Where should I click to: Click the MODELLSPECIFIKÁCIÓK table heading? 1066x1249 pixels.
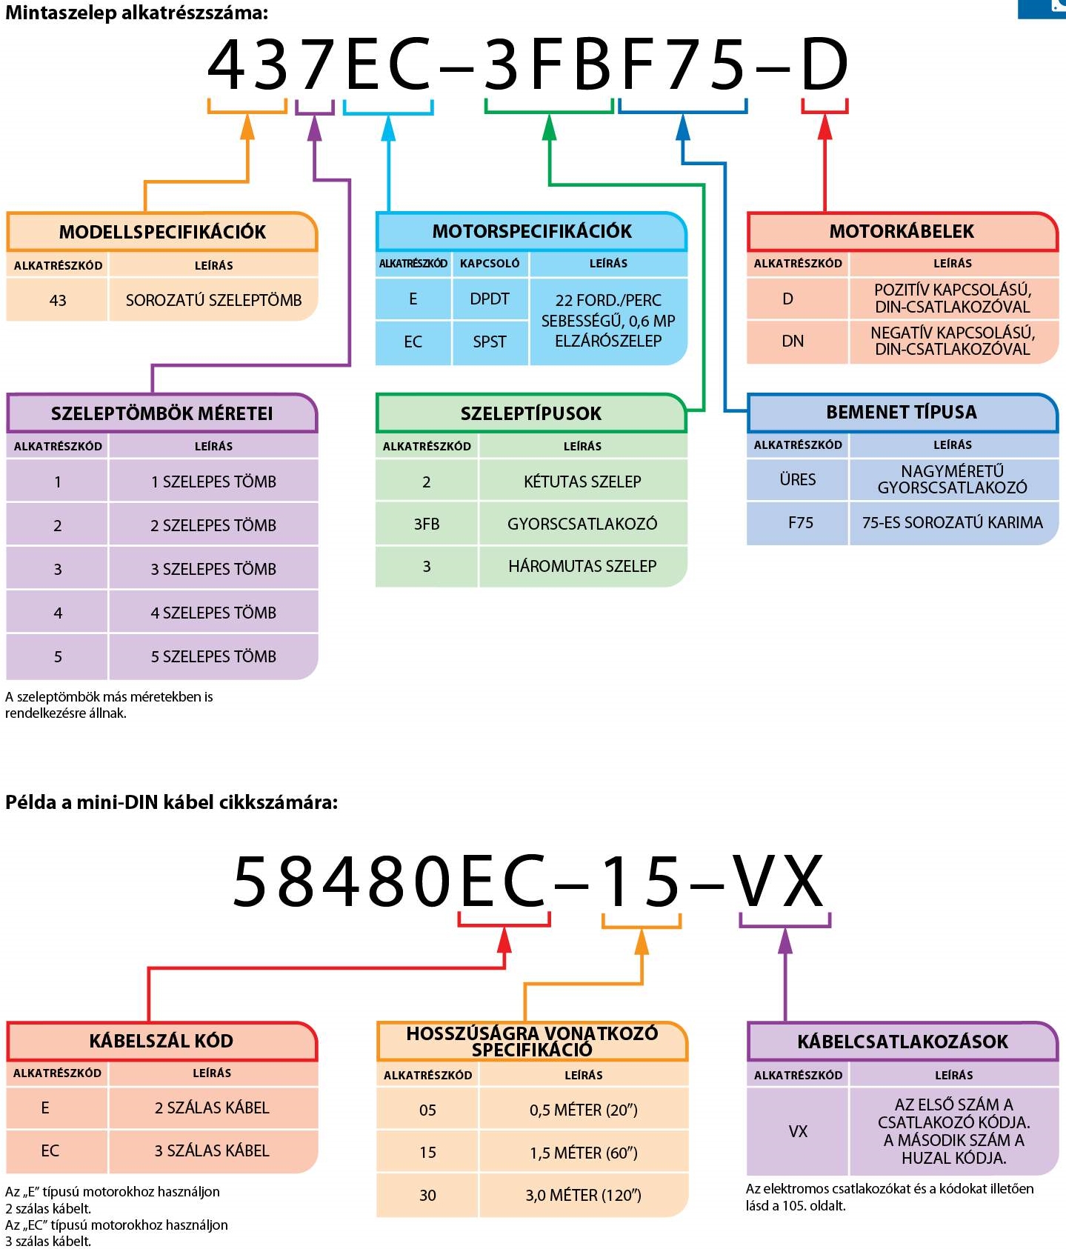point(162,232)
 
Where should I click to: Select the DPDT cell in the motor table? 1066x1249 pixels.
point(490,299)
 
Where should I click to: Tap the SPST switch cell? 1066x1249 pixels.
point(490,342)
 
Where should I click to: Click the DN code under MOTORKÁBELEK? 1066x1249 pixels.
point(793,341)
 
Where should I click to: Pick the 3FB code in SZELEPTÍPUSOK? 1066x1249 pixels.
point(427,524)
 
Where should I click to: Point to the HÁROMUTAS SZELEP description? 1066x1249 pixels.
point(582,566)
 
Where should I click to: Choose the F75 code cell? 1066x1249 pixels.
point(800,522)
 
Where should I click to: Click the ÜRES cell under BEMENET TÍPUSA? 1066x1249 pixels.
point(798,479)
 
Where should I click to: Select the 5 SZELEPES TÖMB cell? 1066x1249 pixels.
point(213,656)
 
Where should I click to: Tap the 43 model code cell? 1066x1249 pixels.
point(58,300)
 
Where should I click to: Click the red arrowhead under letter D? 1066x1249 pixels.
point(825,128)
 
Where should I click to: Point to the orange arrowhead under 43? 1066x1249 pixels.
point(247,128)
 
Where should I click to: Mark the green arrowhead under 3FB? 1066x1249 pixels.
point(549,128)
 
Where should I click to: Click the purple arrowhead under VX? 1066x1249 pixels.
point(785,942)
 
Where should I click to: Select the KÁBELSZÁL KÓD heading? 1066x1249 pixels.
point(161,1041)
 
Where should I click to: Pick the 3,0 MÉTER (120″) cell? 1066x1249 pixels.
point(584,1195)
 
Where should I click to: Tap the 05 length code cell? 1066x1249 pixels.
point(427,1110)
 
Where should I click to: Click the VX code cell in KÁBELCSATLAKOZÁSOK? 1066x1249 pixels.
point(798,1131)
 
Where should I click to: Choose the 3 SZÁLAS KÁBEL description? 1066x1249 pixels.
point(212,1150)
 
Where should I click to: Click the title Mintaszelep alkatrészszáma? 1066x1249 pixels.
point(137,13)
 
